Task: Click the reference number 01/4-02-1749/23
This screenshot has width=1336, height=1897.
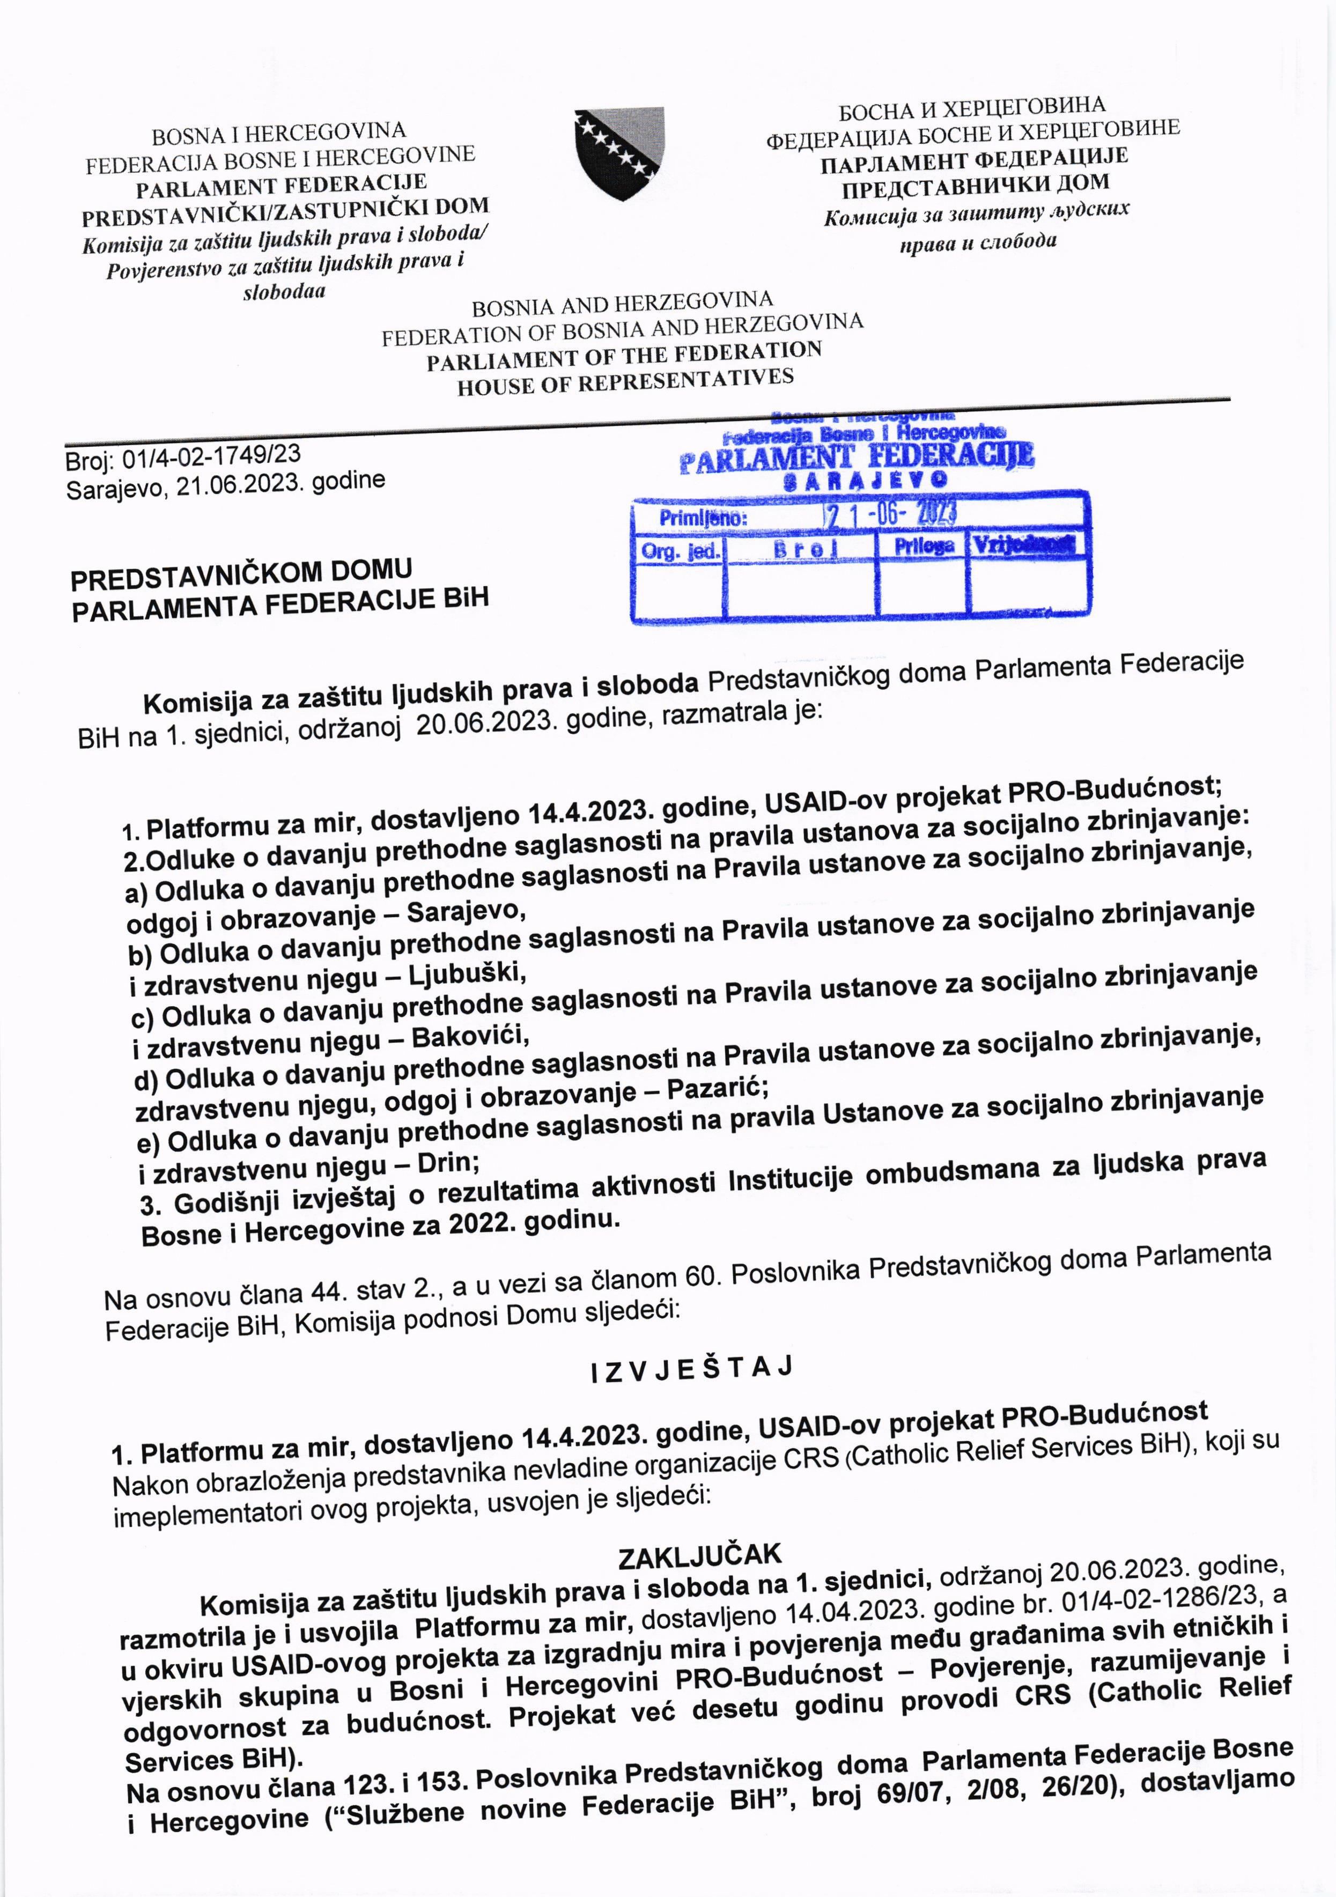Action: tap(211, 457)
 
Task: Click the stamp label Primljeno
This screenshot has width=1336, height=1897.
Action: tap(703, 518)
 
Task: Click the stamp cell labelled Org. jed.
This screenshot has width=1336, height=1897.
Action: tap(679, 551)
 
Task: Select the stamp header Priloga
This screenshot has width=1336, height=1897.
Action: tap(924, 545)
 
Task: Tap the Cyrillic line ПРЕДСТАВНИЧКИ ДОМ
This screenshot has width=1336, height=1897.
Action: tap(975, 186)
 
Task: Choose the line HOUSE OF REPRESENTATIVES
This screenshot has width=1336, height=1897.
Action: tap(625, 382)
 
